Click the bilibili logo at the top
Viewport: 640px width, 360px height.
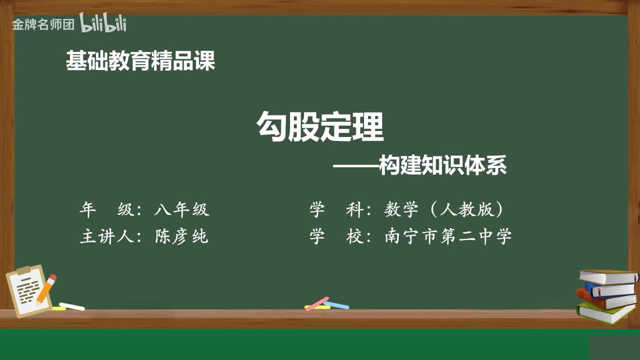(x=103, y=23)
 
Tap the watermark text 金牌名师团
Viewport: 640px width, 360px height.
(x=43, y=24)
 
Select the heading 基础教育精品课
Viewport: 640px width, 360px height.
(x=140, y=61)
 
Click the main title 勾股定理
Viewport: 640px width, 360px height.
(x=320, y=126)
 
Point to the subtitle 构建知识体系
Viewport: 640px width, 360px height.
(x=443, y=165)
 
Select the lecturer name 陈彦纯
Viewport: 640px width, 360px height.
(x=181, y=236)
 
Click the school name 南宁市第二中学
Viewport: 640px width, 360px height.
(x=448, y=236)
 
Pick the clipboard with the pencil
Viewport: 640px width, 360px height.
(x=29, y=291)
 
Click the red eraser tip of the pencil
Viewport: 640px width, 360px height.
(x=52, y=278)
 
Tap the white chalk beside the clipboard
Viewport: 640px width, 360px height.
(x=72, y=306)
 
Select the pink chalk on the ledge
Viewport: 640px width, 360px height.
(x=317, y=303)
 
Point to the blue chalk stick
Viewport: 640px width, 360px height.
(x=336, y=304)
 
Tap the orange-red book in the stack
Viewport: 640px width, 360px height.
(x=605, y=299)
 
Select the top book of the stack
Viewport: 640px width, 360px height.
(x=608, y=276)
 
